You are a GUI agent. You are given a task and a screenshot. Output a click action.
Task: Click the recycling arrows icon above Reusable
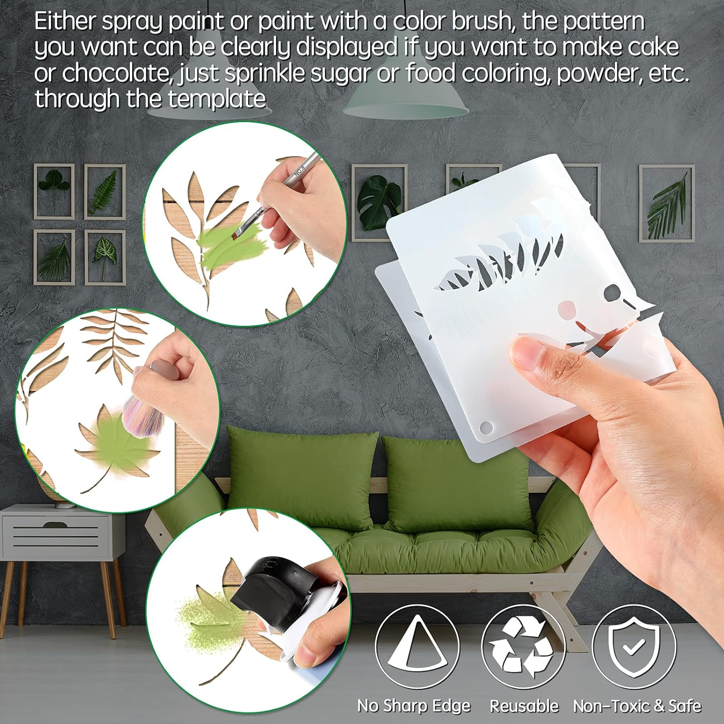(x=523, y=647)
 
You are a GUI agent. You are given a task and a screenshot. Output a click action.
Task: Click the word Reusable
(x=524, y=706)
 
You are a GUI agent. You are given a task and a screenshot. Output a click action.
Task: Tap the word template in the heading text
(x=217, y=99)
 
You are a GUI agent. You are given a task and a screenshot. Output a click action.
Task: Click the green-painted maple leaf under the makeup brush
(x=116, y=446)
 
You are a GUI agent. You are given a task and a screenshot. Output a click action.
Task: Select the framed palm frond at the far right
(x=667, y=203)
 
